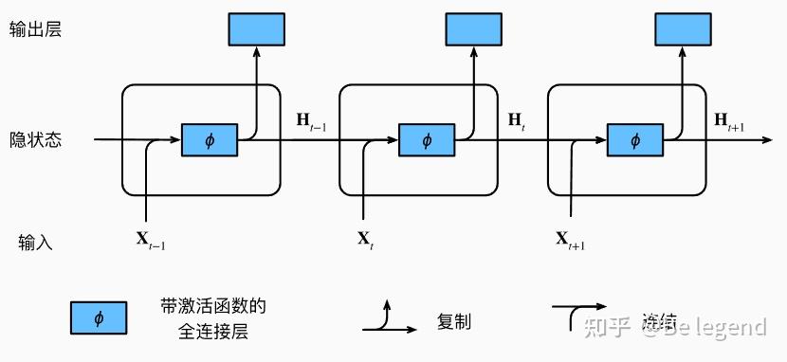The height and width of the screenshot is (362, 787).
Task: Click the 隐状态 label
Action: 35,140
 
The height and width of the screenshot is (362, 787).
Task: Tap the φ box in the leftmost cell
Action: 210,140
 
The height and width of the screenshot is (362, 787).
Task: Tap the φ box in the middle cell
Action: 427,140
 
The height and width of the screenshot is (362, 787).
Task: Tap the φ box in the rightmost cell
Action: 635,140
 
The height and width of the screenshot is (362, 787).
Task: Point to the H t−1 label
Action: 310,120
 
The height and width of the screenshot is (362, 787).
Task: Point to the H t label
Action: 517,120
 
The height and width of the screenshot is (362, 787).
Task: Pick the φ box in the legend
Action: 98,318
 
